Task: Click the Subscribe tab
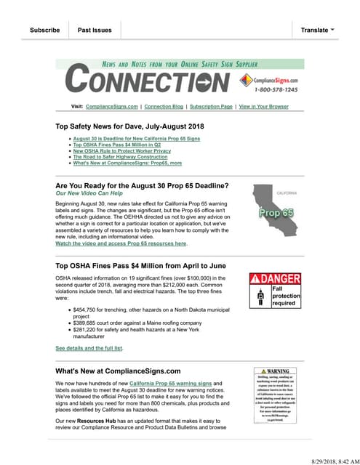pyautogui.click(x=44, y=30)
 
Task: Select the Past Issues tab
pyautogui.click(x=95, y=30)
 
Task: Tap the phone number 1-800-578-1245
pyautogui.click(x=276, y=89)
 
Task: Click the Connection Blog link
pyautogui.click(x=164, y=107)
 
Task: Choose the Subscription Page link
pyautogui.click(x=211, y=107)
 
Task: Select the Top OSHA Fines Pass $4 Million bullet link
pyautogui.click(x=116, y=145)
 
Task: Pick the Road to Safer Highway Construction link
pyautogui.click(x=120, y=156)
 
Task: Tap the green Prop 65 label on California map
pyautogui.click(x=276, y=214)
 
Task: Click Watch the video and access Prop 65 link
pyautogui.click(x=121, y=243)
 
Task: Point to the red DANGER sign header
pyautogui.click(x=274, y=278)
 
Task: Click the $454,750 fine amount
pyautogui.click(x=81, y=309)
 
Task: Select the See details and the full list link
pyautogui.click(x=89, y=348)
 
